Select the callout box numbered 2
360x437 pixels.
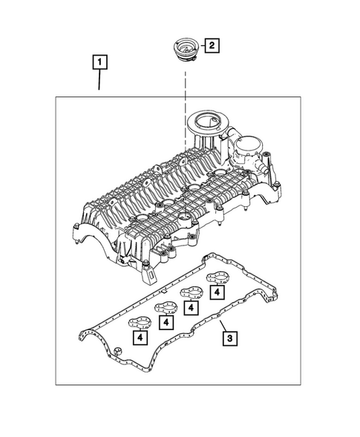(x=212, y=46)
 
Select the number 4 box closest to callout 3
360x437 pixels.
(x=216, y=293)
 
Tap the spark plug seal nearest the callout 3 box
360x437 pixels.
(x=216, y=280)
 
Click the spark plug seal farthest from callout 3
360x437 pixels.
(x=138, y=323)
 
